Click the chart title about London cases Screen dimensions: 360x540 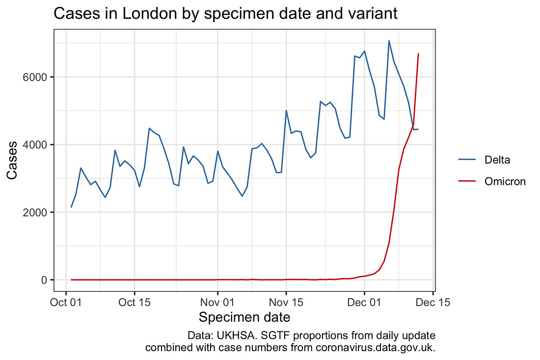coord(225,14)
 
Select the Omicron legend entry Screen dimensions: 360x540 coord(505,182)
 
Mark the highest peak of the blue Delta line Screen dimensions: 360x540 coord(389,41)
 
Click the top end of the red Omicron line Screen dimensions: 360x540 coord(418,54)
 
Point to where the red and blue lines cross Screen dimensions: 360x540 coord(413,126)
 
